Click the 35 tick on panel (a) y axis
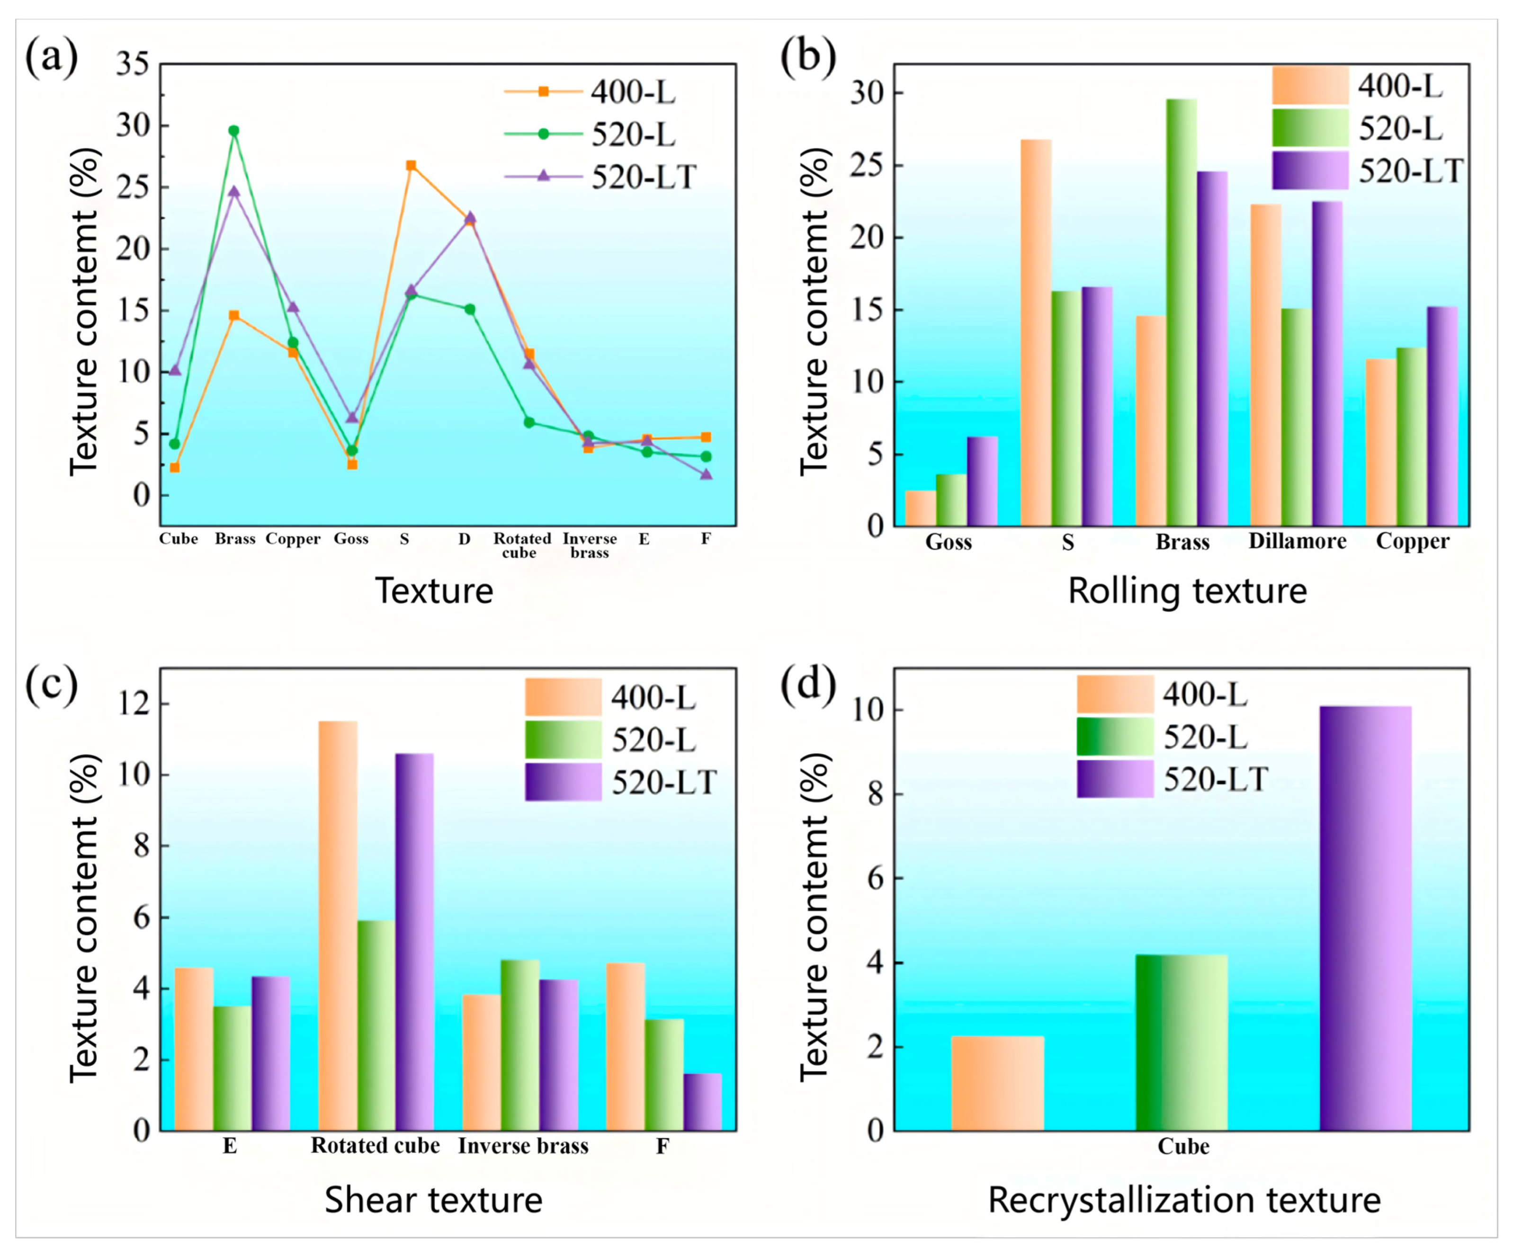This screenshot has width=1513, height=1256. tap(133, 64)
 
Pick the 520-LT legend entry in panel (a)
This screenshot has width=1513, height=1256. tap(601, 177)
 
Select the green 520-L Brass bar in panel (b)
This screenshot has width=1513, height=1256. tap(1182, 312)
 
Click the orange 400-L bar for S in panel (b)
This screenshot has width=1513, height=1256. tap(1036, 333)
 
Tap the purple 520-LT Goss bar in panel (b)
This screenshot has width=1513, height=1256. tap(982, 481)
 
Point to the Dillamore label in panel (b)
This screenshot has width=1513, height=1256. tap(1297, 541)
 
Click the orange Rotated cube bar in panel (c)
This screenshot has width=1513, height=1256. tap(338, 926)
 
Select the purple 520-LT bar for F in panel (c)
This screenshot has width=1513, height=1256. tap(702, 1102)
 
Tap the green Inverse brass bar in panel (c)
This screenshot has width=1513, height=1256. tap(520, 1045)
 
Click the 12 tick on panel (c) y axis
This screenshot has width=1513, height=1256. tap(135, 704)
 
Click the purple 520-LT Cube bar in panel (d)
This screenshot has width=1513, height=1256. tap(1365, 918)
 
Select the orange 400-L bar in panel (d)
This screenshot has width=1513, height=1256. tap(997, 1083)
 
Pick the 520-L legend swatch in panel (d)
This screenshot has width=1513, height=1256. tap(1115, 737)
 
